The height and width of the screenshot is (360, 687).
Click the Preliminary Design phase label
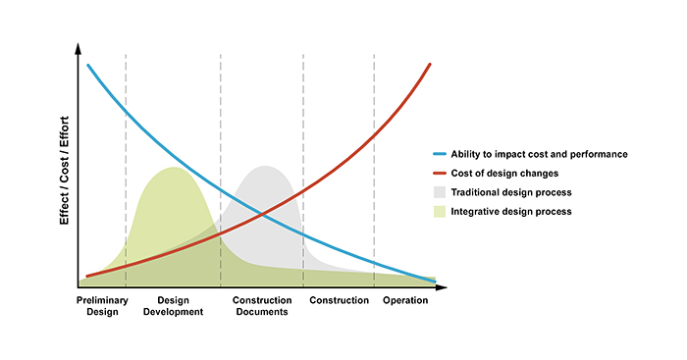(101, 306)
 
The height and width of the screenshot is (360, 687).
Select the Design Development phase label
(173, 306)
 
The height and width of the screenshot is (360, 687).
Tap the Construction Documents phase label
(260, 306)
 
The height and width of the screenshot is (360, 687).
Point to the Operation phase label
(405, 300)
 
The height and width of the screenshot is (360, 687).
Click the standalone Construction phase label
(339, 300)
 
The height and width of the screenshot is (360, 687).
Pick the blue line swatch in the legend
(439, 154)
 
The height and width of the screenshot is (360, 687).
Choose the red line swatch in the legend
(439, 173)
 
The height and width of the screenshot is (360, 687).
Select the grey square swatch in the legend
(439, 192)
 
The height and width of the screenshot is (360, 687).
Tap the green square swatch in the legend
(439, 211)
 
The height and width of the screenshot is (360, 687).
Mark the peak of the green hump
(174, 168)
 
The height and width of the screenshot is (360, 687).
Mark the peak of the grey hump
(265, 167)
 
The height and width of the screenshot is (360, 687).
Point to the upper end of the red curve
(431, 64)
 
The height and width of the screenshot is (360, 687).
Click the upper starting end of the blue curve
(88, 66)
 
